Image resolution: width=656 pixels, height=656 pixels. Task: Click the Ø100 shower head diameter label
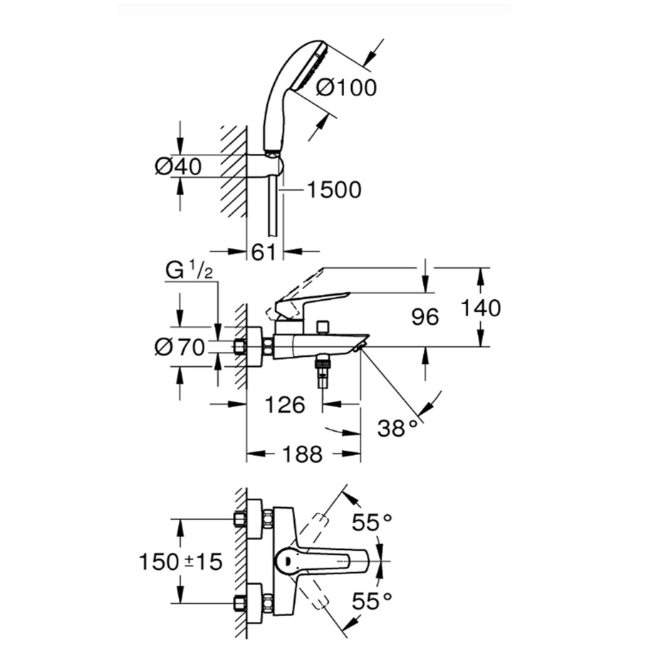[x=345, y=88]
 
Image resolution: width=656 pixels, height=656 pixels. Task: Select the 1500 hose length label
[x=334, y=190]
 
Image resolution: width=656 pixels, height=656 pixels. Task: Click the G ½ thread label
[x=189, y=272]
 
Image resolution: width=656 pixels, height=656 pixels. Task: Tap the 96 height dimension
[x=426, y=318]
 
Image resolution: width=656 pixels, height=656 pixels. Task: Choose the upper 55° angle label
[x=373, y=523]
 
